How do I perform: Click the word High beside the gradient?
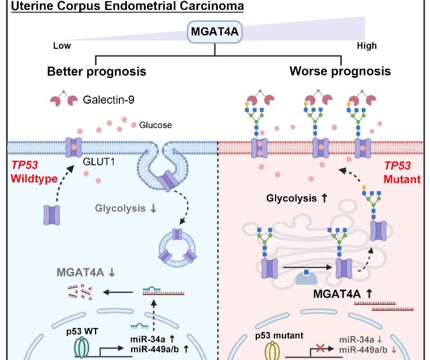(366, 46)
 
